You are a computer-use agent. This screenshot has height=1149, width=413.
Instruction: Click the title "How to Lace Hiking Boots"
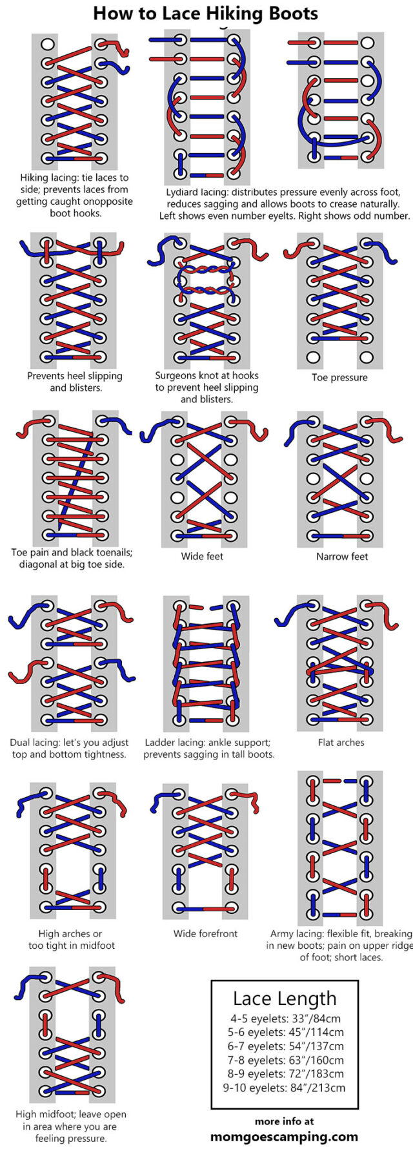click(x=205, y=14)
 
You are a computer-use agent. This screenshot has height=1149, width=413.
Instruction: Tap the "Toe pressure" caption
click(x=339, y=377)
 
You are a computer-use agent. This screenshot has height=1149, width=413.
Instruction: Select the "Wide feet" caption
click(x=201, y=556)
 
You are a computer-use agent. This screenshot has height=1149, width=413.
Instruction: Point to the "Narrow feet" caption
click(x=342, y=556)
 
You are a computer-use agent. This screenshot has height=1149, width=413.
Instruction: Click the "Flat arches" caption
click(x=341, y=742)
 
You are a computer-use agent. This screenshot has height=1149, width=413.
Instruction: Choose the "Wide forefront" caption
click(x=205, y=933)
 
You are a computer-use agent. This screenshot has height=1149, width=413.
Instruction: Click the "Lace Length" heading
click(x=285, y=999)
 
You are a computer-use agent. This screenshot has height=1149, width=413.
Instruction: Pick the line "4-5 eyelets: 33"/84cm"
click(x=285, y=1019)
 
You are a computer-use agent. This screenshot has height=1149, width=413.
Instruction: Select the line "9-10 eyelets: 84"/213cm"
click(x=285, y=1088)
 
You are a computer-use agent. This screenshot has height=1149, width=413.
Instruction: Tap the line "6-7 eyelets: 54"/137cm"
click(x=285, y=1046)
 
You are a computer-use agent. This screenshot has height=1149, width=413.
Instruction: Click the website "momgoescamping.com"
click(x=284, y=1136)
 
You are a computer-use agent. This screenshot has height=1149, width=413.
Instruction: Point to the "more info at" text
click(x=284, y=1121)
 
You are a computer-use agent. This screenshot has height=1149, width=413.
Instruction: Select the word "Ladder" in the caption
click(x=159, y=743)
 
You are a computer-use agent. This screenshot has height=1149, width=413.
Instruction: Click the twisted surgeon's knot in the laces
click(x=205, y=280)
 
